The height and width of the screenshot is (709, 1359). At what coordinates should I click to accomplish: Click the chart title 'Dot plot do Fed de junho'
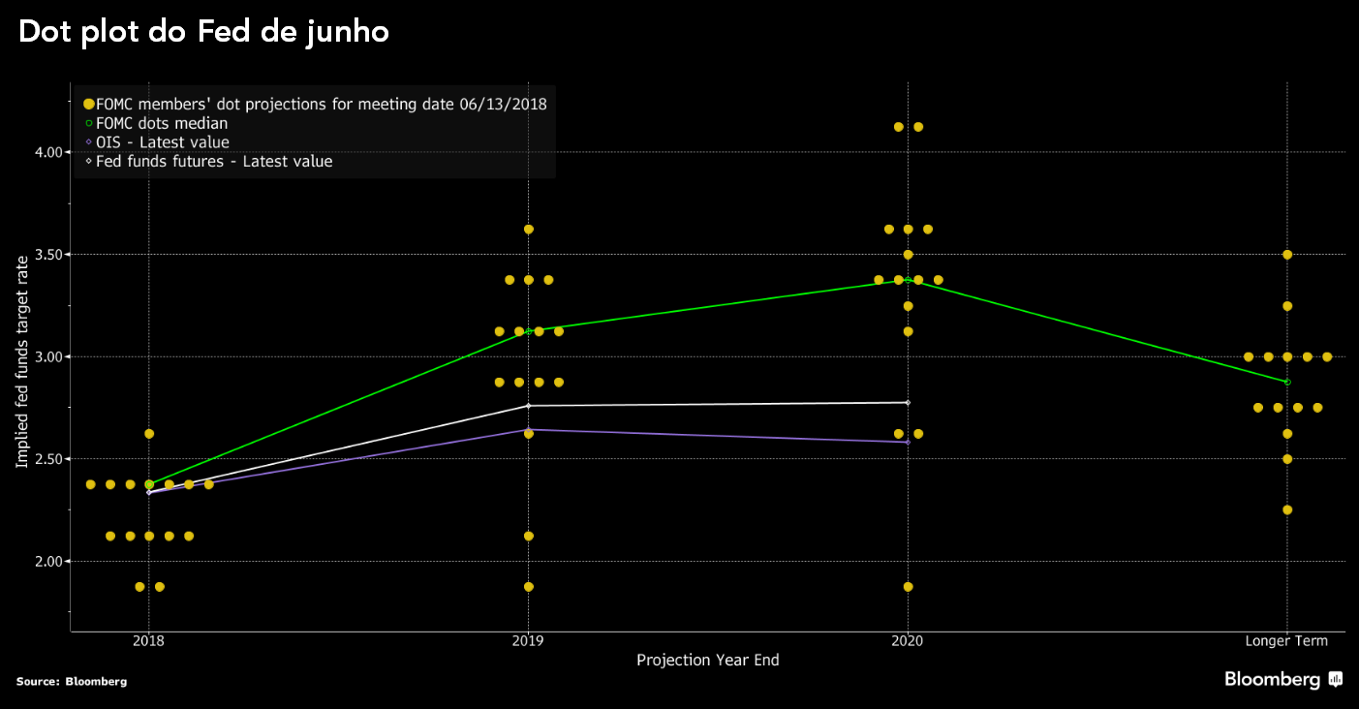click(203, 32)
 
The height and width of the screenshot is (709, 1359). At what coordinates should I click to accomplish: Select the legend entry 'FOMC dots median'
click(162, 123)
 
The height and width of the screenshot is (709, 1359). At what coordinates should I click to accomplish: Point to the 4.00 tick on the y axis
click(48, 152)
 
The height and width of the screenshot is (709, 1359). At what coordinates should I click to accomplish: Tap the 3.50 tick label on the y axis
click(48, 255)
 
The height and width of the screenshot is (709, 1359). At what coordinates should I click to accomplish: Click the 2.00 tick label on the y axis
click(48, 561)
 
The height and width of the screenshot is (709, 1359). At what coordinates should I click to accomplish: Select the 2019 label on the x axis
click(528, 641)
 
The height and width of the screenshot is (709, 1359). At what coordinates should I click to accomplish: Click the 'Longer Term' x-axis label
click(1286, 641)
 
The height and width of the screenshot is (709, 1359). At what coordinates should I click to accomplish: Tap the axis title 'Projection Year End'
click(707, 661)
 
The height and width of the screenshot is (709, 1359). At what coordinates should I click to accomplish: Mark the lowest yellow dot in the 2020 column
click(908, 587)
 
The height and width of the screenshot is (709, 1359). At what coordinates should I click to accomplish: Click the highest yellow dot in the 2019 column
click(528, 230)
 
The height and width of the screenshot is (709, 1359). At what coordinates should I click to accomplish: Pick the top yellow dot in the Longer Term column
click(1287, 255)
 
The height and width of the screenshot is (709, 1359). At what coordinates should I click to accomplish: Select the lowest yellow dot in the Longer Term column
click(1287, 509)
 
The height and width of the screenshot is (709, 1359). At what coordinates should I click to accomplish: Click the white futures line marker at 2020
click(908, 402)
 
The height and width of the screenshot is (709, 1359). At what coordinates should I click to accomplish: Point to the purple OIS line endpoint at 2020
click(908, 442)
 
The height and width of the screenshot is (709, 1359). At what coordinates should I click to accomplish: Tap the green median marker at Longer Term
click(1287, 382)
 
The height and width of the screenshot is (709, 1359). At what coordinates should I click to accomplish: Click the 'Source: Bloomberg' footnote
click(72, 682)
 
